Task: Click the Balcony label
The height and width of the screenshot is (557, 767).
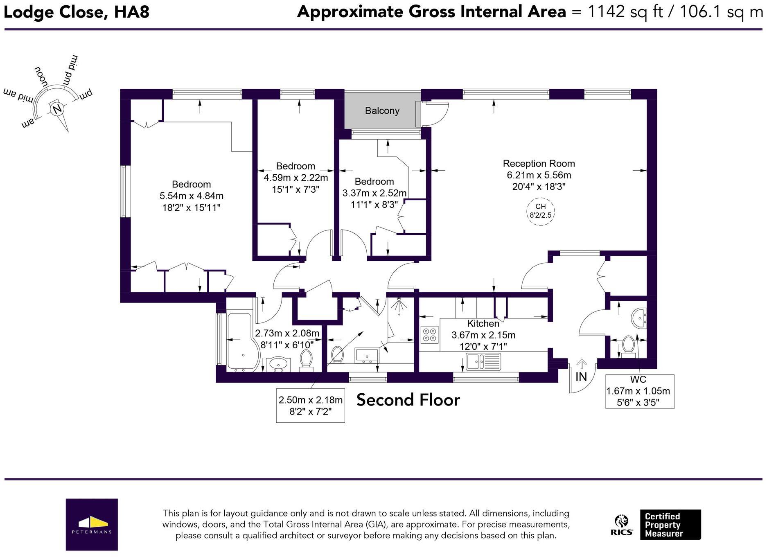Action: (382, 110)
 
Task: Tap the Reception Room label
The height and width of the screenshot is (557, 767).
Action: (539, 164)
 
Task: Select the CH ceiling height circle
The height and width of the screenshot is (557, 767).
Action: (540, 211)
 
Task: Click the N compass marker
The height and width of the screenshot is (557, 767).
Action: (57, 109)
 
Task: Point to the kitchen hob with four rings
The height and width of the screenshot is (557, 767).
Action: (429, 334)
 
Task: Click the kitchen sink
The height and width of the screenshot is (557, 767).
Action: (483, 362)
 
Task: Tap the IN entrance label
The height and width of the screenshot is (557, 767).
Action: (581, 377)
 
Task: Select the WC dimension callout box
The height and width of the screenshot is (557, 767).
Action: (639, 391)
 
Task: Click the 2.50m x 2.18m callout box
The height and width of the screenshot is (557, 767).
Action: (310, 405)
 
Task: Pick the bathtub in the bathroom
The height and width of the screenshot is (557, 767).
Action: (241, 343)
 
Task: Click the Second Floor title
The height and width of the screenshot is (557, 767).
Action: (408, 400)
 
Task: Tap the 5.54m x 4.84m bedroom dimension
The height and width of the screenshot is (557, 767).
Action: (192, 196)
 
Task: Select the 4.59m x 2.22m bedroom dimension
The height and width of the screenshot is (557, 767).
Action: (296, 178)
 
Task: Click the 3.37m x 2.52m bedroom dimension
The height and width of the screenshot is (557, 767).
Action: (374, 193)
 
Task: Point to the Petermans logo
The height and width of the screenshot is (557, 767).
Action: (92, 524)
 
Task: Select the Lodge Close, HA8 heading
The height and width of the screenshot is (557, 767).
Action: (76, 12)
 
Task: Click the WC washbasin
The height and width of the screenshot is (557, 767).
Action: (639, 318)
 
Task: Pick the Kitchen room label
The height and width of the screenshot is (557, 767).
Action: (483, 323)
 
